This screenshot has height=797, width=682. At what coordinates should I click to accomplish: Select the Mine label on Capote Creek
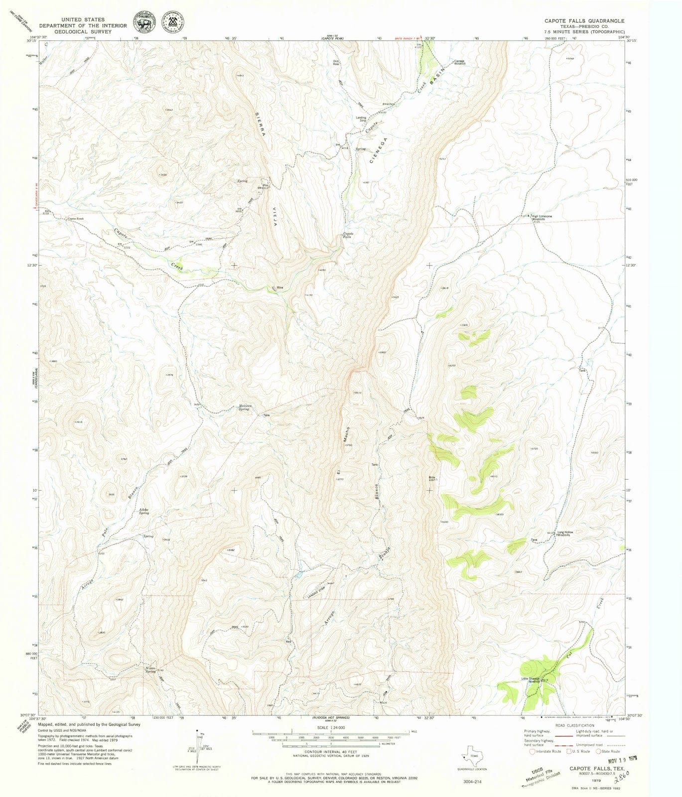click(280, 287)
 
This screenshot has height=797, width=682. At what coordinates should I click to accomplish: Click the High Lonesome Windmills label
click(542, 218)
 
